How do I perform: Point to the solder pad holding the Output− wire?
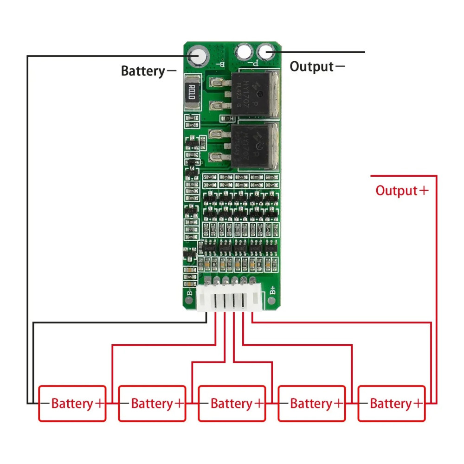pos(265,52)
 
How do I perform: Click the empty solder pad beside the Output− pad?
pos(244,51)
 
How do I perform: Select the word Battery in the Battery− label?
pos(143,71)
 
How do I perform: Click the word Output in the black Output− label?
pos(311,66)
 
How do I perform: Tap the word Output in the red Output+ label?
pos(397,191)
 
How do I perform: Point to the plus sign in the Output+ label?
pos(423,190)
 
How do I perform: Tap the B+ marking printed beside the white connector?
pos(273,291)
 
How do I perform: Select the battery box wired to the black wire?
pos(72,403)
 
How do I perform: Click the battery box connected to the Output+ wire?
pos(391,403)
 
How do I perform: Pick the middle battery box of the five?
pos(232,403)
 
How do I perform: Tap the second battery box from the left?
pos(152,403)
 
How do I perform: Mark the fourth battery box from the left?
pos(311,403)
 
